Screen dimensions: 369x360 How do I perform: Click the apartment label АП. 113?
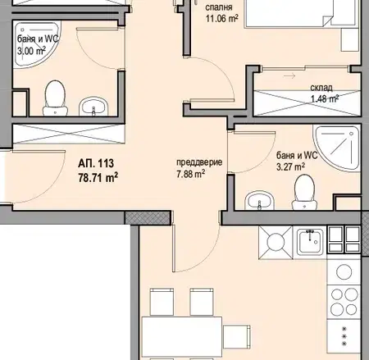coord(96,163)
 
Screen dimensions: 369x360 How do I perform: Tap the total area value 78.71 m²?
coord(98,177)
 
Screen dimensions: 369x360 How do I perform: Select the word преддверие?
coord(199,162)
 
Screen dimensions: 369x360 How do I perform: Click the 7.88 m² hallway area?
coord(191,174)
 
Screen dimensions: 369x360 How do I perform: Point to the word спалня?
coord(219,7)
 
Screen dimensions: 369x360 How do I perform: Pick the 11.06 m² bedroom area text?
coord(221,19)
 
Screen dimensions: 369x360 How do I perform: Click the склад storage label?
coord(321,88)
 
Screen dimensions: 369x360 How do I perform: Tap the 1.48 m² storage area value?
coord(325,98)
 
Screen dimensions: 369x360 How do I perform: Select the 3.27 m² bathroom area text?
coord(291,166)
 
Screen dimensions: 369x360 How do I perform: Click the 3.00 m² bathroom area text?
coord(31,51)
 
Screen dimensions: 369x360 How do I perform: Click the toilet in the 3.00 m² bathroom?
coord(55,98)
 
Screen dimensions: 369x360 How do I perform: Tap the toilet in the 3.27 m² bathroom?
coord(304,192)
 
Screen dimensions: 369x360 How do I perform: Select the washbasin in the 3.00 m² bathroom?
coord(93,106)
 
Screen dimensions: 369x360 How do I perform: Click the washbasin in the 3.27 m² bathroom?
coord(259,200)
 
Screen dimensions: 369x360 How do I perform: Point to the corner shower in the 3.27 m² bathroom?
coord(337,148)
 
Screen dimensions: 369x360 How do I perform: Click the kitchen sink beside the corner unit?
coord(310,242)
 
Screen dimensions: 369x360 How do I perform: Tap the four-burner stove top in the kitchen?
coord(344,302)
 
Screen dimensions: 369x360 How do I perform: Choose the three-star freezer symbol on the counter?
coord(344,336)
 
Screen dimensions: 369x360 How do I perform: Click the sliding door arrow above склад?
coord(289,75)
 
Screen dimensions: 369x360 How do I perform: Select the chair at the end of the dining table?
coord(237,337)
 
